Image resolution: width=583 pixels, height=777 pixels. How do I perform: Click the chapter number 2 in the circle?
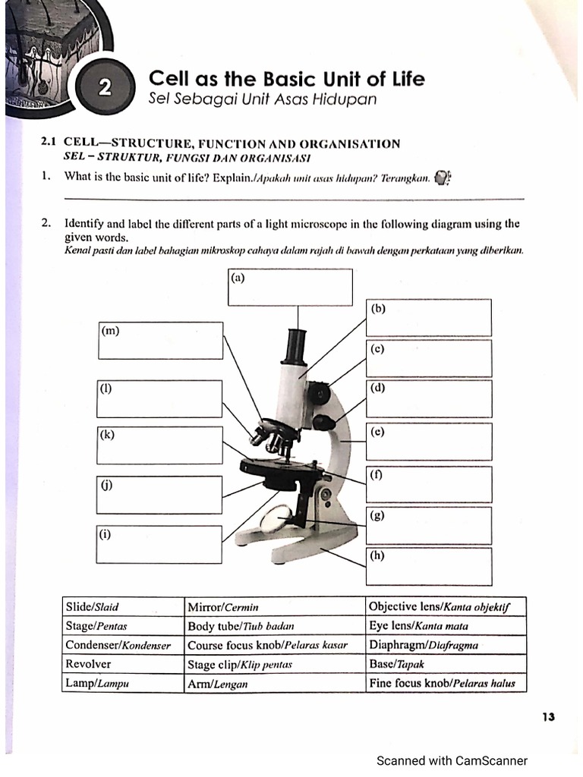(x=105, y=88)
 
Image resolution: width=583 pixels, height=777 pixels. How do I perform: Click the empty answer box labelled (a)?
(x=290, y=287)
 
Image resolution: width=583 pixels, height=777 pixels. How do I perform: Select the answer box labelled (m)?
(x=160, y=341)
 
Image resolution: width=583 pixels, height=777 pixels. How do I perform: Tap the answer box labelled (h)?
(x=429, y=566)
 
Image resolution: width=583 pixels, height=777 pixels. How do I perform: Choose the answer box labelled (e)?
(x=429, y=442)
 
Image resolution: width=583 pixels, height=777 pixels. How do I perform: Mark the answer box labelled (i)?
(x=159, y=544)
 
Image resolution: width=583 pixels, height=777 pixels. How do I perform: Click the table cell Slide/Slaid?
(x=123, y=607)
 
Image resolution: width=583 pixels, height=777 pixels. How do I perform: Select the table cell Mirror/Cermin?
(x=275, y=607)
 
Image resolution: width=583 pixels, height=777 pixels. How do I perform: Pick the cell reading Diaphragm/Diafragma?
(x=445, y=646)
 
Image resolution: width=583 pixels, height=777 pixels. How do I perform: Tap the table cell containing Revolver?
(x=123, y=664)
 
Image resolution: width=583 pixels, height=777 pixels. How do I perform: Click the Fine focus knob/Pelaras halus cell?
(x=445, y=683)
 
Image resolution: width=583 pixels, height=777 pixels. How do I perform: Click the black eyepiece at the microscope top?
(x=295, y=345)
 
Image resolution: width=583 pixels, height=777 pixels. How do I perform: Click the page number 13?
(x=549, y=716)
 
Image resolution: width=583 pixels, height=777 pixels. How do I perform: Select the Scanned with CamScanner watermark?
(x=452, y=760)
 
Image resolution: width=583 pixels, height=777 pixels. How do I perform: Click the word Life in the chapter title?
(x=403, y=79)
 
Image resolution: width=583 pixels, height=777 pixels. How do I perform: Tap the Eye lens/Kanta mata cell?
(x=445, y=627)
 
